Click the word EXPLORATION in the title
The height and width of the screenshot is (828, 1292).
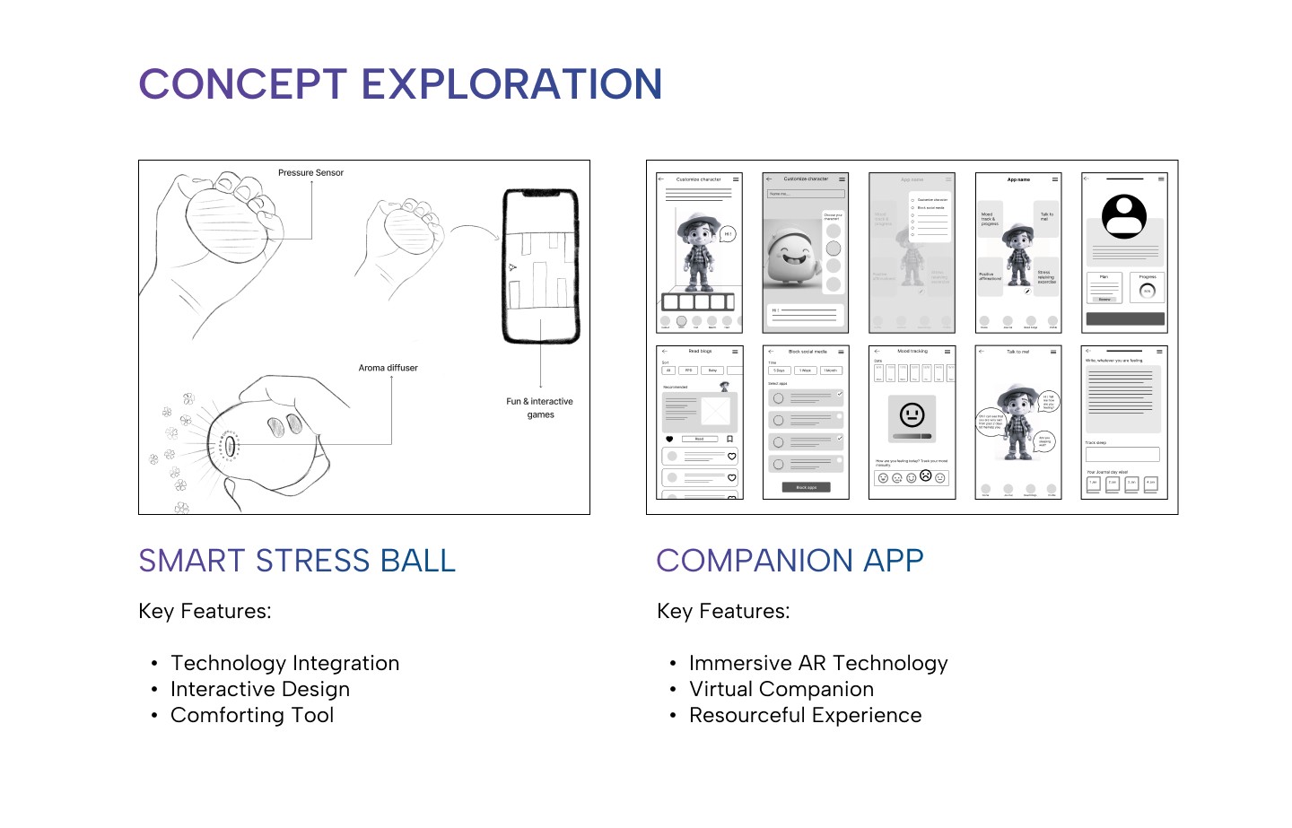coord(511,84)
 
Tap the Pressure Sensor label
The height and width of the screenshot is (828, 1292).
coord(310,173)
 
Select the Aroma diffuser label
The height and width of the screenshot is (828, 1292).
coord(388,368)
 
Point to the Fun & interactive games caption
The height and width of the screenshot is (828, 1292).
coord(539,408)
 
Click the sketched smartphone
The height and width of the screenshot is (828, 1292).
coord(540,266)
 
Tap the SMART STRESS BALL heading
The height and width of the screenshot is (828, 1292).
coord(297,561)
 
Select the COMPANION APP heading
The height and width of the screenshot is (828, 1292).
coord(790,561)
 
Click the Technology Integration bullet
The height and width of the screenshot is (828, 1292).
coord(284,663)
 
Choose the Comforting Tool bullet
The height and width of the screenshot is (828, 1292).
coord(251,715)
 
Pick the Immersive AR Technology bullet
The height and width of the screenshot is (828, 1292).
coord(817,663)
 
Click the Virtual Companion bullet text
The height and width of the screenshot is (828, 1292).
coord(781,689)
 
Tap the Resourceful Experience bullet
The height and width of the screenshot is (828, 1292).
coord(805,715)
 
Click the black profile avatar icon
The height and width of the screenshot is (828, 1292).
coord(1124,216)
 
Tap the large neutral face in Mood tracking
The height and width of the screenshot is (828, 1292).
coord(912,414)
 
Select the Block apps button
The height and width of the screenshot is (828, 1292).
coord(806,487)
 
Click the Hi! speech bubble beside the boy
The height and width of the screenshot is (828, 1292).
coord(728,234)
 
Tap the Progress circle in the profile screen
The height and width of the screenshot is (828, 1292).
coord(1147,291)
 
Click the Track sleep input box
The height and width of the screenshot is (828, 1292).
coord(1122,454)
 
